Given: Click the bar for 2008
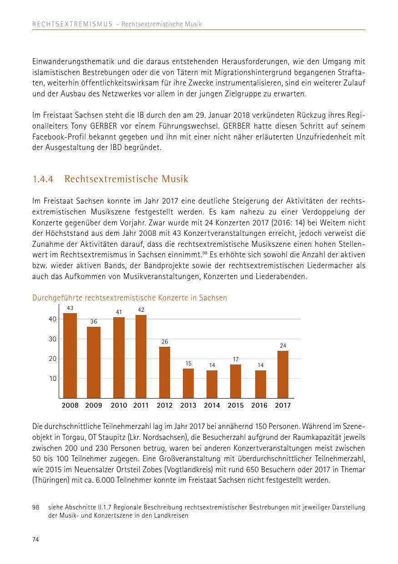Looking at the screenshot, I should [x=70, y=355].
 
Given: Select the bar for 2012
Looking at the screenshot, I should [x=165, y=372].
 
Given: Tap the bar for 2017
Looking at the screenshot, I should [x=282, y=374].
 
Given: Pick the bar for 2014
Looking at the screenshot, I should [x=212, y=384].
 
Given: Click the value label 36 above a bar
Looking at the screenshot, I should [x=94, y=322].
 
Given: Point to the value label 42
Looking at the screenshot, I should [x=141, y=310].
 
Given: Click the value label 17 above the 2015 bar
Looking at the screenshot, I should [x=236, y=359].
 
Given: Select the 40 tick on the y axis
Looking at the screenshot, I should [x=52, y=319].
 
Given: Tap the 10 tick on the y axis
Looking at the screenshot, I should [x=52, y=379].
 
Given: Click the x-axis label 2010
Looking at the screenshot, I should [x=119, y=405].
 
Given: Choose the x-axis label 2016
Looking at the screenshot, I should [x=259, y=405].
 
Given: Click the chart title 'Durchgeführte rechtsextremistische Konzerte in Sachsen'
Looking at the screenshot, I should [x=130, y=298].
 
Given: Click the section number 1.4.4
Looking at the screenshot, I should [x=43, y=179].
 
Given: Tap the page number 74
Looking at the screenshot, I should [x=35, y=539].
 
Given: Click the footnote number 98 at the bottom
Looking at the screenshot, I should [x=36, y=507].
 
